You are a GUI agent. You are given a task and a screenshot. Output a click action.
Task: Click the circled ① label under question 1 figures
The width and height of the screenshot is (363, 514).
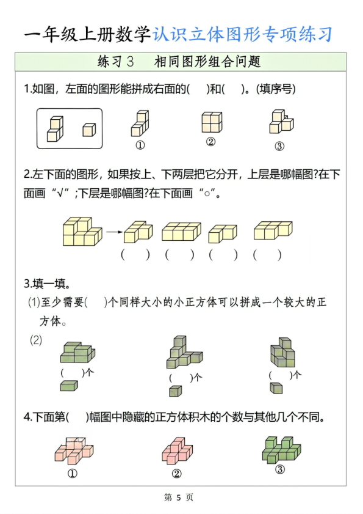[140, 145]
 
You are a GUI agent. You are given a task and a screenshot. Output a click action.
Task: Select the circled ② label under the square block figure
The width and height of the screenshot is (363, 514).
[211, 142]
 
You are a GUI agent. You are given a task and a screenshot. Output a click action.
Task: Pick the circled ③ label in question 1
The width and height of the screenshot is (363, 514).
[279, 145]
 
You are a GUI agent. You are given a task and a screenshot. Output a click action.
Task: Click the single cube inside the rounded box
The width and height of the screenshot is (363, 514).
[89, 130]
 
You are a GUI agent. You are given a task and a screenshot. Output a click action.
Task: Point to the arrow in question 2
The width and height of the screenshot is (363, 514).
[113, 232]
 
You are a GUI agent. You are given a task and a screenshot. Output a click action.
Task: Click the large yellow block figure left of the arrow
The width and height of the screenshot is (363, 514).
[82, 232]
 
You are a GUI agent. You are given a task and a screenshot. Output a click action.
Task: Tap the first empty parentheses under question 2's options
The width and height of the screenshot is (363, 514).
[135, 255]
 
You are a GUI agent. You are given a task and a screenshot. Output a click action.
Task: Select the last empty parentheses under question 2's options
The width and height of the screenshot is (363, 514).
[267, 255]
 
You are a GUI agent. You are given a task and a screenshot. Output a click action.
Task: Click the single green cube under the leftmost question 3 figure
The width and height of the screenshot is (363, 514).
[68, 386]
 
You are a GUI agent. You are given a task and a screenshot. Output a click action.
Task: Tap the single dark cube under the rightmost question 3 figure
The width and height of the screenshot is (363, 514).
[276, 388]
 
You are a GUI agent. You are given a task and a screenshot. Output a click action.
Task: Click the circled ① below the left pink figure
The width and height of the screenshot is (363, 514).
[72, 472]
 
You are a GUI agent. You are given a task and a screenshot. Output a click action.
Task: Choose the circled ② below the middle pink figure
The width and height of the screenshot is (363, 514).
[177, 472]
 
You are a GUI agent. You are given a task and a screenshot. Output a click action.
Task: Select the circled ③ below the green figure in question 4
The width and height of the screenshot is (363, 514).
[279, 469]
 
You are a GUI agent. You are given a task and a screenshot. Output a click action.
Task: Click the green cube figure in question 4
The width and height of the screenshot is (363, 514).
[281, 449]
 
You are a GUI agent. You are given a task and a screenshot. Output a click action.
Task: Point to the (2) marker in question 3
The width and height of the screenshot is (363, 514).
[36, 340]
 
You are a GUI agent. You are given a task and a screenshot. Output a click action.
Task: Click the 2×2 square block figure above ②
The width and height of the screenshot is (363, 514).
[211, 122]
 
